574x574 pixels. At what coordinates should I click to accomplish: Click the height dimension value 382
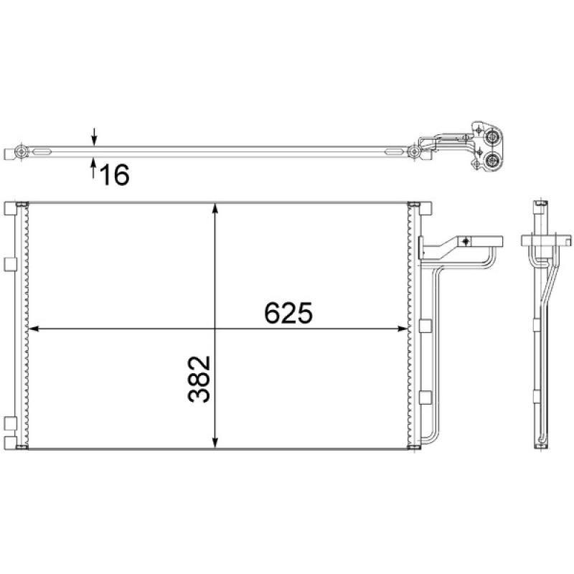[201, 379]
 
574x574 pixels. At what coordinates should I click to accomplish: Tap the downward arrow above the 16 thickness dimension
[94, 136]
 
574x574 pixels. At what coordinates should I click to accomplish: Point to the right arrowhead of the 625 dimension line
[401, 329]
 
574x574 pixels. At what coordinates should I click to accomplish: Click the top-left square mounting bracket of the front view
[10, 208]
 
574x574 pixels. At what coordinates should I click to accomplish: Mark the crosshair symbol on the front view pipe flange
[466, 241]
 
